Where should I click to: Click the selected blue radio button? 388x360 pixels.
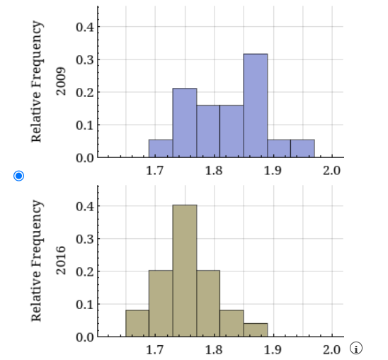(x=19, y=175)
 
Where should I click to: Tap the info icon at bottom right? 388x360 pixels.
(x=357, y=348)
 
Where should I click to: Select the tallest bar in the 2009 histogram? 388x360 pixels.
(x=256, y=106)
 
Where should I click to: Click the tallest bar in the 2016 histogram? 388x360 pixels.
(x=185, y=270)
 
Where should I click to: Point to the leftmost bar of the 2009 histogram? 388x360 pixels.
(x=161, y=148)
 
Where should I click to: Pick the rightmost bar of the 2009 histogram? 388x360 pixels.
(x=302, y=148)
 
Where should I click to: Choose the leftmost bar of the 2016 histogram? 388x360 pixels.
(x=137, y=323)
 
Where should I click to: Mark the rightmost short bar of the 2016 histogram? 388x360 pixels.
(x=256, y=330)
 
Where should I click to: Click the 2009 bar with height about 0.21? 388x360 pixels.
(x=185, y=123)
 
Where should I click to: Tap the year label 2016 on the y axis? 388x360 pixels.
(x=61, y=259)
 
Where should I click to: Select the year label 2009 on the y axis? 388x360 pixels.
(x=61, y=80)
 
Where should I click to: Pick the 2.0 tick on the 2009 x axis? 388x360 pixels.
(x=331, y=171)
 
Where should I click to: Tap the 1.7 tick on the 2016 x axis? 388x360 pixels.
(x=155, y=349)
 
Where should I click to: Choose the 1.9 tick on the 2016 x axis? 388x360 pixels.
(x=273, y=349)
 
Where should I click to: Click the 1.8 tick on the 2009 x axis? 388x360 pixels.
(x=214, y=171)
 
